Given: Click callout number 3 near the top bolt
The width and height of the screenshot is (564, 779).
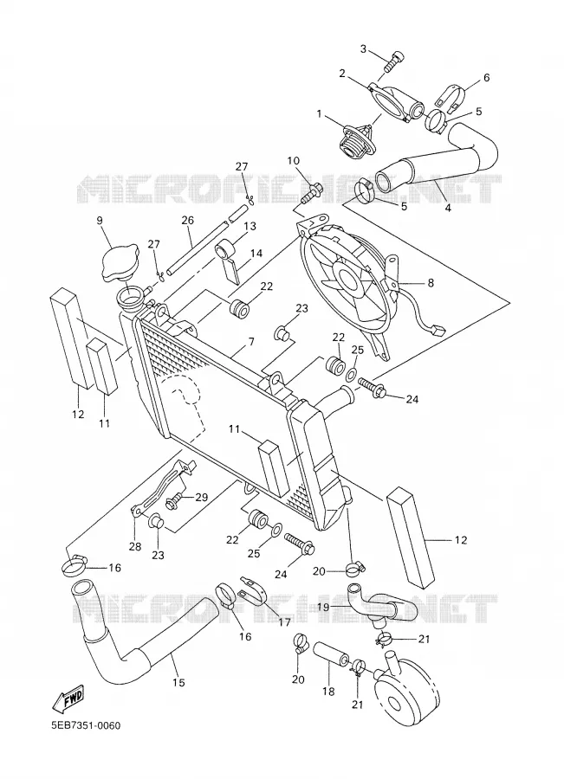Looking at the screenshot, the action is [363, 48].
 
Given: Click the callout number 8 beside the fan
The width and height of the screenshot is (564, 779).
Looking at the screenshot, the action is [431, 283].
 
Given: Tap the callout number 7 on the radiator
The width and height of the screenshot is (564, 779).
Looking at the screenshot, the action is [251, 342].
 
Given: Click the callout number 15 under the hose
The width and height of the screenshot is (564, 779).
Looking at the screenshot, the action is [178, 683].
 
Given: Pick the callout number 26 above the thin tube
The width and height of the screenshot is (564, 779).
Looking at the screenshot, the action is [187, 220].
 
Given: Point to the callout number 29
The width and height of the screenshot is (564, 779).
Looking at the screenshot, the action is [201, 497].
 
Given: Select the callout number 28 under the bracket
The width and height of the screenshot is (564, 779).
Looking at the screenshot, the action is [135, 546].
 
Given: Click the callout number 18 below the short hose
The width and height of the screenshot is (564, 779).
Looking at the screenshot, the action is [328, 691].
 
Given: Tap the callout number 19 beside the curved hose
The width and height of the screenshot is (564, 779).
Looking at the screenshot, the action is [323, 606].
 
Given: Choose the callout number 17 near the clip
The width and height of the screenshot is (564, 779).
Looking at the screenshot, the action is [284, 621].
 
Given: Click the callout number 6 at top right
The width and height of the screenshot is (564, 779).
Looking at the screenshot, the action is [486, 78].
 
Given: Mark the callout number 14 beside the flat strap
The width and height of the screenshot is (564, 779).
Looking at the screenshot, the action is [256, 254].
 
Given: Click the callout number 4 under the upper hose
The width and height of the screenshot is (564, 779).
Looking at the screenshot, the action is [448, 208].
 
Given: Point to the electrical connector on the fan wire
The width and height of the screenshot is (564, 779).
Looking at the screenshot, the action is [438, 329].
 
